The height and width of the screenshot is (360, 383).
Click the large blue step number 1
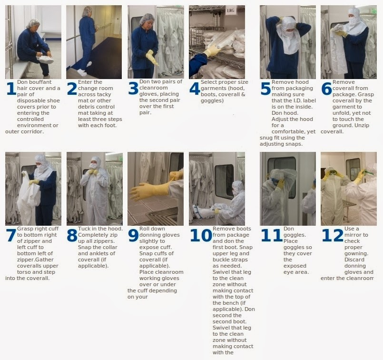pos(11,89)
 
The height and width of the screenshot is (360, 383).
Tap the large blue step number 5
pos(265,89)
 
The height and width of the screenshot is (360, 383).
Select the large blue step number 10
pos(201,235)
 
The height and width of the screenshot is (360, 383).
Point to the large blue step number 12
pos(333,235)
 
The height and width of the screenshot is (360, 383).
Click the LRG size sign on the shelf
pos(231,10)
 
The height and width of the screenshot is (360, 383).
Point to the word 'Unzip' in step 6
pos(363,125)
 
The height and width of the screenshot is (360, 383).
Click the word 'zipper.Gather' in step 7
pos(35,260)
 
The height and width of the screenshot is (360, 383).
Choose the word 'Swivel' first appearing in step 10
pos(221,272)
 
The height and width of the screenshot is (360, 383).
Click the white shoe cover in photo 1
pos(45,59)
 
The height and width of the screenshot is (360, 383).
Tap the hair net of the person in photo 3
pos(147,19)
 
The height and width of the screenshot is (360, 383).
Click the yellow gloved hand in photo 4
pos(212,51)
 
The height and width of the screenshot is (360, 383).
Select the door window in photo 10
pos(224,181)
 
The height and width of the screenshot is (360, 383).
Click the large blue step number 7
pos(11,235)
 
